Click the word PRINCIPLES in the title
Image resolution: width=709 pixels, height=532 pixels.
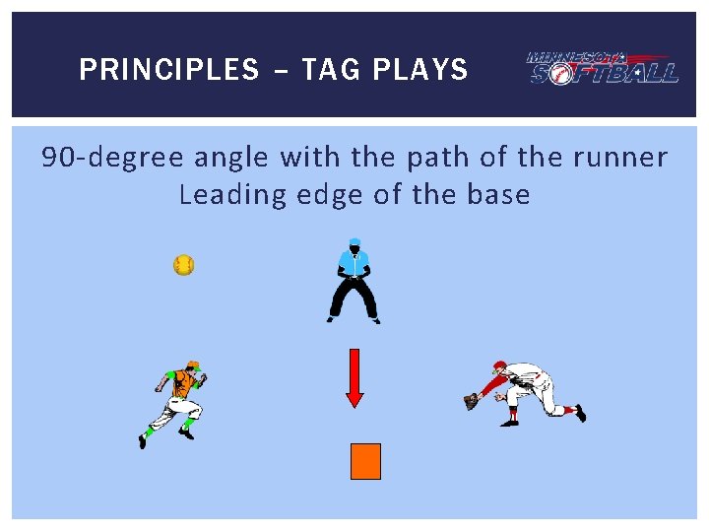click(168, 70)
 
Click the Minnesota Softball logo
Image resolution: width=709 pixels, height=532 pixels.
click(602, 67)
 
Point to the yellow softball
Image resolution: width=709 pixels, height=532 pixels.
click(183, 265)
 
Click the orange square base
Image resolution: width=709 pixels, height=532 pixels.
click(365, 461)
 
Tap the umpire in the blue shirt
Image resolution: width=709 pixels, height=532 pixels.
click(354, 282)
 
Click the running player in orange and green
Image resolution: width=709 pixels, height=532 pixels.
click(174, 403)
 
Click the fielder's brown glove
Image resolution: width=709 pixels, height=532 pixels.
click(472, 401)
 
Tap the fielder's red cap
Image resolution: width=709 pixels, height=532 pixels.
click(499, 366)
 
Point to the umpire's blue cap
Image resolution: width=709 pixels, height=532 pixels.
click(354, 241)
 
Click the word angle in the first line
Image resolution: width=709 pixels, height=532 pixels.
click(233, 158)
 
